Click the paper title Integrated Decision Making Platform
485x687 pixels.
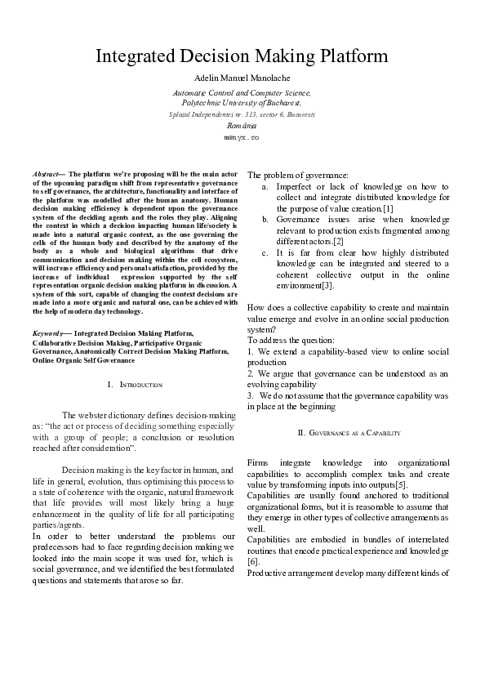pyautogui.click(x=242, y=56)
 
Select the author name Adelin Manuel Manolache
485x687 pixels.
pyautogui.click(x=242, y=78)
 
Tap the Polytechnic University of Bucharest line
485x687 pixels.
pyautogui.click(x=241, y=104)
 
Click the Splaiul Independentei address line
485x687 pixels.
pyautogui.click(x=241, y=115)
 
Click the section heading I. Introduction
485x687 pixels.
pyautogui.click(x=135, y=384)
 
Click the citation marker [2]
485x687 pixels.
pyautogui.click(x=338, y=242)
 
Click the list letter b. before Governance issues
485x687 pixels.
pyautogui.click(x=265, y=221)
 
